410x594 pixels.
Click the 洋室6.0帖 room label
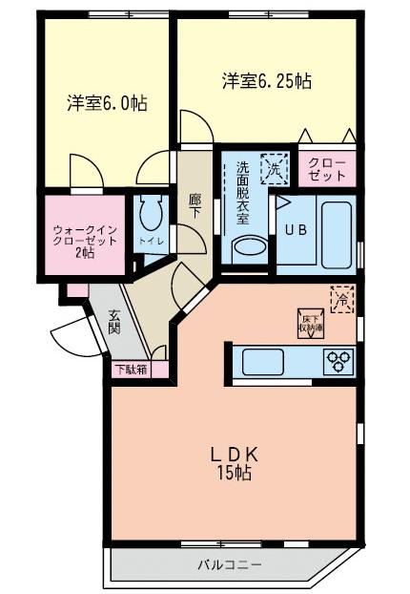point(106,102)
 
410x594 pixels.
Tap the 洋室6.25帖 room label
point(267,81)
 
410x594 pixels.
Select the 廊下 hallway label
point(195,204)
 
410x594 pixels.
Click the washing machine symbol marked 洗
point(276,169)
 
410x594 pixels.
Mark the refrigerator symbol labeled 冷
point(342,299)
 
